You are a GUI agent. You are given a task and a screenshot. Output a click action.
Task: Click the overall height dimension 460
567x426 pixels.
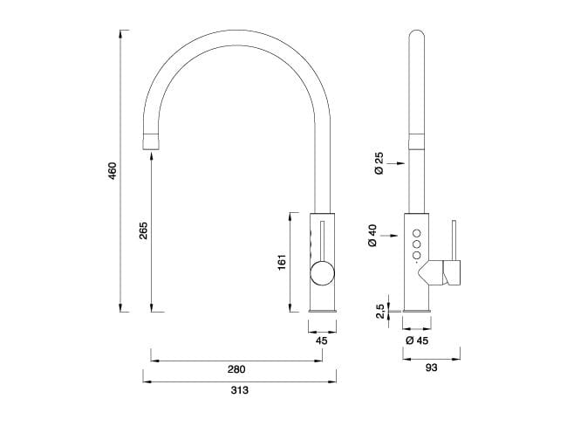(112, 171)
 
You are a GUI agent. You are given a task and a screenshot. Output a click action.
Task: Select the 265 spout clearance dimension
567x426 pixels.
(143, 230)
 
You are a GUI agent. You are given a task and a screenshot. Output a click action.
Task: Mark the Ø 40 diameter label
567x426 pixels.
(372, 236)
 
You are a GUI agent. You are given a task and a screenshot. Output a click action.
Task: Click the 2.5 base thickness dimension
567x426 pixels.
(379, 312)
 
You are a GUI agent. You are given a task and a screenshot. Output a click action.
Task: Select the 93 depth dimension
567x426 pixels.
(432, 368)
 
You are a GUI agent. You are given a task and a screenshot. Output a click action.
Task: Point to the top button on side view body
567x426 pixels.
(417, 232)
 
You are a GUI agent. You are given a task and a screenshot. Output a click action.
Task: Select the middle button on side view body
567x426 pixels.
(417, 244)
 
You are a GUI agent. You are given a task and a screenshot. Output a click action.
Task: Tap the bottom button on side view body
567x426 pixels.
(417, 256)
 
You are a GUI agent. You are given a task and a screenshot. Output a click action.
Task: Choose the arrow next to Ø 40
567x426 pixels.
(393, 236)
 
